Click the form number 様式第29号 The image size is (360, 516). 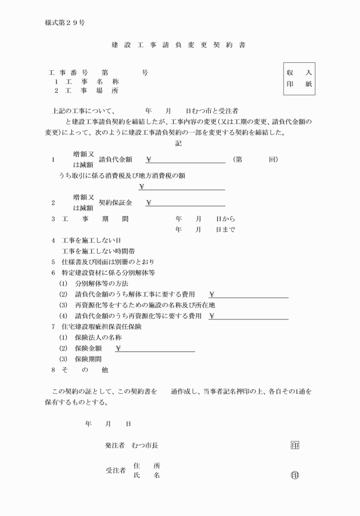pyautogui.click(x=65, y=23)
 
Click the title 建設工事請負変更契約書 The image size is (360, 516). pyautogui.click(x=178, y=45)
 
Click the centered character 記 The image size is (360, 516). pyautogui.click(x=178, y=143)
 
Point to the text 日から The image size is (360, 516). pyautogui.click(x=225, y=219)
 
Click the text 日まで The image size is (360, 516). pyautogui.click(x=225, y=230)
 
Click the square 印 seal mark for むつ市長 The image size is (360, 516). pyautogui.click(x=295, y=445)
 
